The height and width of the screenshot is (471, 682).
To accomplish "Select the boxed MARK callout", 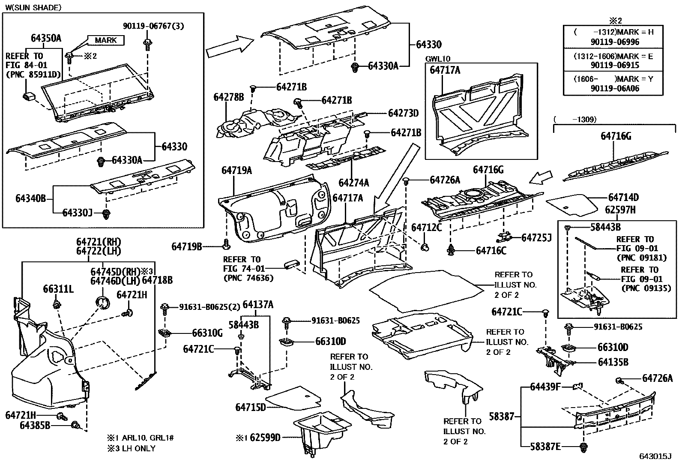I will [105, 40].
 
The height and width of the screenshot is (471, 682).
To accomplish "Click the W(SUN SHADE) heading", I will [33, 7].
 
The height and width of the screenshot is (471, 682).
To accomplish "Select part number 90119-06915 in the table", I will [614, 65].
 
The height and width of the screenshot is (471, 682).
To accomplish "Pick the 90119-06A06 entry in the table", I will [614, 88].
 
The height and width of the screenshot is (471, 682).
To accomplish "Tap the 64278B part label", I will [229, 97].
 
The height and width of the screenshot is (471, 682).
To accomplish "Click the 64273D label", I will [403, 113].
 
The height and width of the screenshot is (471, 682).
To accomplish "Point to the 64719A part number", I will [236, 171].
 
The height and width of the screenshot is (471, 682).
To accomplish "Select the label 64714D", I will [623, 197].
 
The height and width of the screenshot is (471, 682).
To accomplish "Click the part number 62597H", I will [620, 210].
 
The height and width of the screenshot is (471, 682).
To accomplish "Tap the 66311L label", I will [58, 289].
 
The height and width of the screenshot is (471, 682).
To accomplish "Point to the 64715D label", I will [251, 407].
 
